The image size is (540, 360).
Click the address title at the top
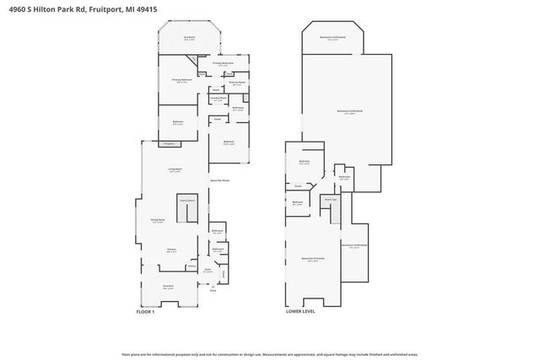(x=75, y=10)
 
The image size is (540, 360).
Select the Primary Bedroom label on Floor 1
(x=178, y=81)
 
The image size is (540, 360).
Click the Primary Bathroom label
(x=223, y=64)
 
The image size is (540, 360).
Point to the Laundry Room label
(x=219, y=99)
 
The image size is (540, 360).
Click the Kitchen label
(x=170, y=250)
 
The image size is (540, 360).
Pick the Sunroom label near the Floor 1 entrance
(x=168, y=287)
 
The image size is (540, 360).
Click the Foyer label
(x=208, y=271)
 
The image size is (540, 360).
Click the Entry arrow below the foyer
(x=213, y=291)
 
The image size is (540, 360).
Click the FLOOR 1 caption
(x=146, y=312)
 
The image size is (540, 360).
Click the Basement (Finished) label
(x=313, y=260)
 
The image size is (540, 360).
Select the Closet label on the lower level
(x=298, y=185)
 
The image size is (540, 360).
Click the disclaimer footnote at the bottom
(x=269, y=355)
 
